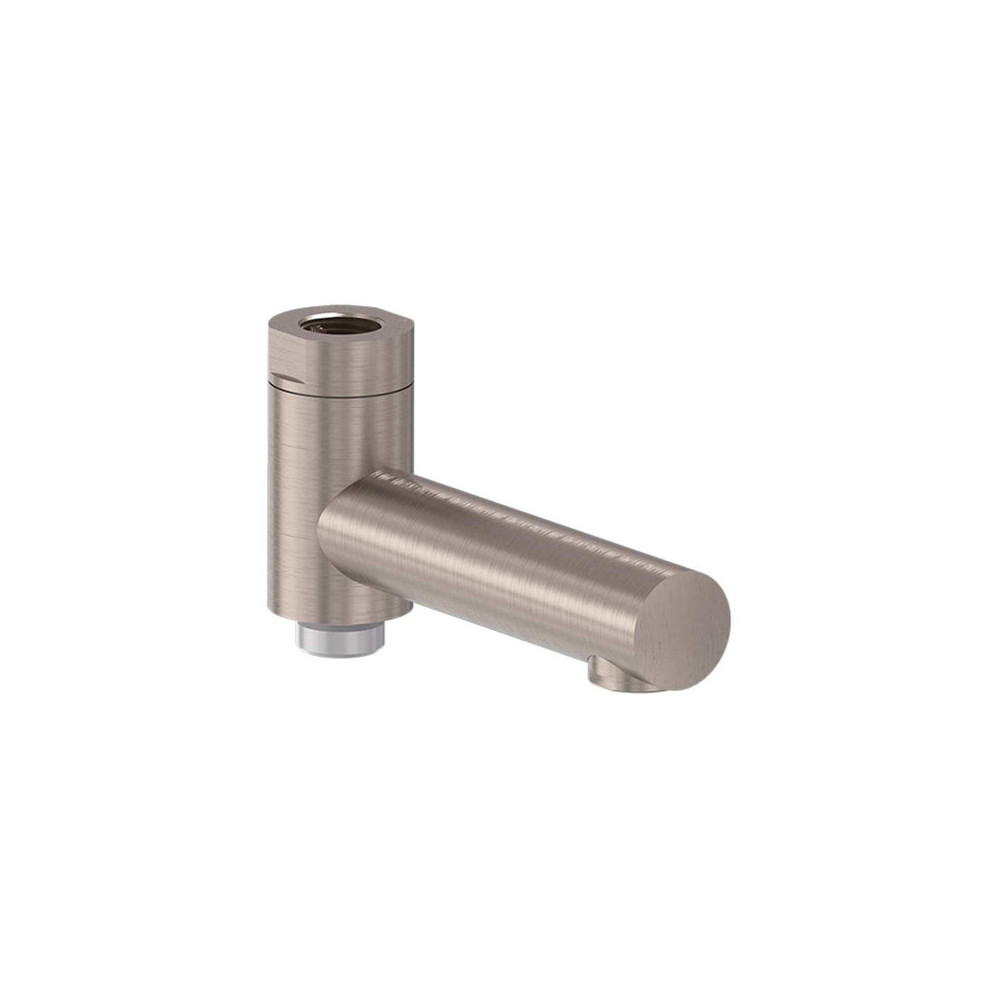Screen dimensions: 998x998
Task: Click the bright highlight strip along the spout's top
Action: click(516, 511)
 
